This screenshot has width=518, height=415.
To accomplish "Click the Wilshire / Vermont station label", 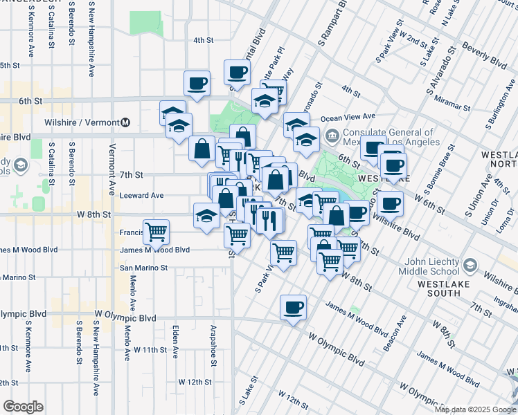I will [x=84, y=122].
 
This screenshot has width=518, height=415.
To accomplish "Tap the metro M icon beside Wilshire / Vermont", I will [x=125, y=122].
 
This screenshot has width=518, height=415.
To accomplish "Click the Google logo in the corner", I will [x=23, y=407].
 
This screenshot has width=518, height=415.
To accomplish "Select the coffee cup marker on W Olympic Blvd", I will [x=293, y=307].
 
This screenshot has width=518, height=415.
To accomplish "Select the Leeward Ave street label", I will [x=142, y=196].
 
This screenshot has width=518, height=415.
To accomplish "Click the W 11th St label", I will [x=150, y=349].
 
